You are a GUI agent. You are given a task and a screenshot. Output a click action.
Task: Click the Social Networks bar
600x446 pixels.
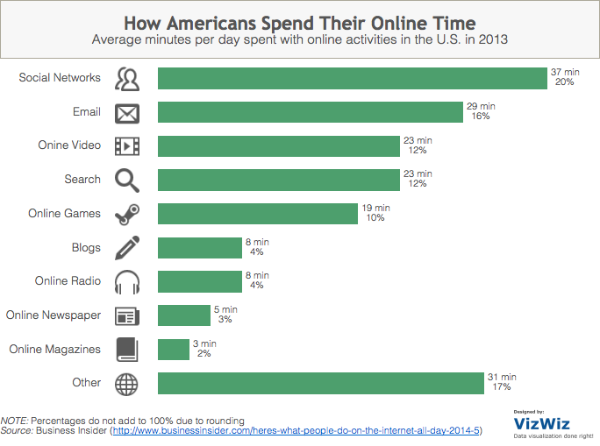coord(352,78)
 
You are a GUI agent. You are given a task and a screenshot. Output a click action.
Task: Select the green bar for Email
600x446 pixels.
coord(311,112)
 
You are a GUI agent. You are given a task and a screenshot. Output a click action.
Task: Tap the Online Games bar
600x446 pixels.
coord(258,214)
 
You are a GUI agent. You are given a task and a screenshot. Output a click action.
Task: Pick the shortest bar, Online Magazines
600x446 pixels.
coord(174,349)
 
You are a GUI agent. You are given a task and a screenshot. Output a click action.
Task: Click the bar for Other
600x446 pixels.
coord(321,383)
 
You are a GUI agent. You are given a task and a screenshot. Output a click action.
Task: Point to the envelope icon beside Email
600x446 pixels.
coord(127,112)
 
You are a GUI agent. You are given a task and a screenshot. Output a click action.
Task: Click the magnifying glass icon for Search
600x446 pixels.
coord(127,180)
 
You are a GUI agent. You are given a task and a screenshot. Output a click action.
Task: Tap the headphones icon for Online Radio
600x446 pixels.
coord(127,281)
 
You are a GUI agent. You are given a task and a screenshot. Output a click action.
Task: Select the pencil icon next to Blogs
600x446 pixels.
coord(127,247)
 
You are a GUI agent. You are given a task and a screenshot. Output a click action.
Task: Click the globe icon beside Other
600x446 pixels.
coord(127,383)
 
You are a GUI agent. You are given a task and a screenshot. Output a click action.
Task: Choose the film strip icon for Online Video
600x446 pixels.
coord(127,145)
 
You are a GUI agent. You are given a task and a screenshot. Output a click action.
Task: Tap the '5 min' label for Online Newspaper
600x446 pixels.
coord(225,309)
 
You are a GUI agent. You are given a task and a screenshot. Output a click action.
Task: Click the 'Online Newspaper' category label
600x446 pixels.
coord(54,315)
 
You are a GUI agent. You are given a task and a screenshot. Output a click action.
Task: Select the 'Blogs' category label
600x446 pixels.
coord(86,247)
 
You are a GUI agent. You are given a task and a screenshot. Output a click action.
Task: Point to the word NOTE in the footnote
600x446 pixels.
coord(15,421)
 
